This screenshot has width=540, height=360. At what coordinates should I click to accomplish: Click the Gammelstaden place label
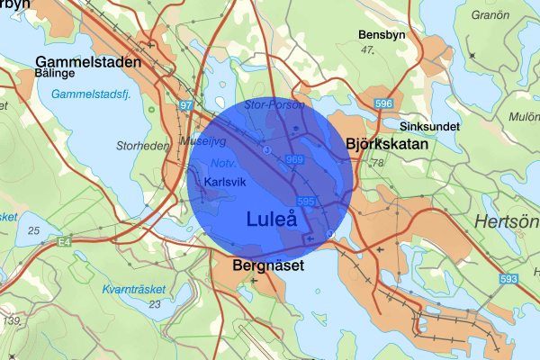pyautogui.click(x=88, y=63)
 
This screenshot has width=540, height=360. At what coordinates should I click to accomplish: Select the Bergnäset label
pyautogui.click(x=268, y=266)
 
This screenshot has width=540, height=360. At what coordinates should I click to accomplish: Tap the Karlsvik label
pyautogui.click(x=224, y=181)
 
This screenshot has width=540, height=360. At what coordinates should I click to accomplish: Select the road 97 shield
pyautogui.click(x=186, y=106)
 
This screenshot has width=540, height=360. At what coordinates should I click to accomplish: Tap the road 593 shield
pyautogui.click(x=509, y=279)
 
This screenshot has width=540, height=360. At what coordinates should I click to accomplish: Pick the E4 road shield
pyautogui.click(x=66, y=242)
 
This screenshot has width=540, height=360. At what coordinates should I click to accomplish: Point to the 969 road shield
pyautogui.click(x=294, y=159)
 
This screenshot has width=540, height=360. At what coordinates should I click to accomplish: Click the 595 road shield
pyautogui.click(x=304, y=201)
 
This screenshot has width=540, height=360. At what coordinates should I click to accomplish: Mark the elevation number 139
pyautogui.click(x=12, y=320)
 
